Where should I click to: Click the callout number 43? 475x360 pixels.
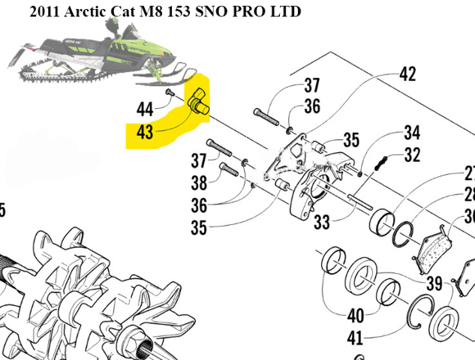pos(146,132)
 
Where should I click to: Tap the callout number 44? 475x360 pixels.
pos(146,109)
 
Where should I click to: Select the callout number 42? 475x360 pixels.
pos(407,75)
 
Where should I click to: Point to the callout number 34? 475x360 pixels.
pos(412,133)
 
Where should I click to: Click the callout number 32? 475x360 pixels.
pos(412,155)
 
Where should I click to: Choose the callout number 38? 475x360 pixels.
pos(198,182)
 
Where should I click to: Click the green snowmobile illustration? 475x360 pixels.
pos(98,56)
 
